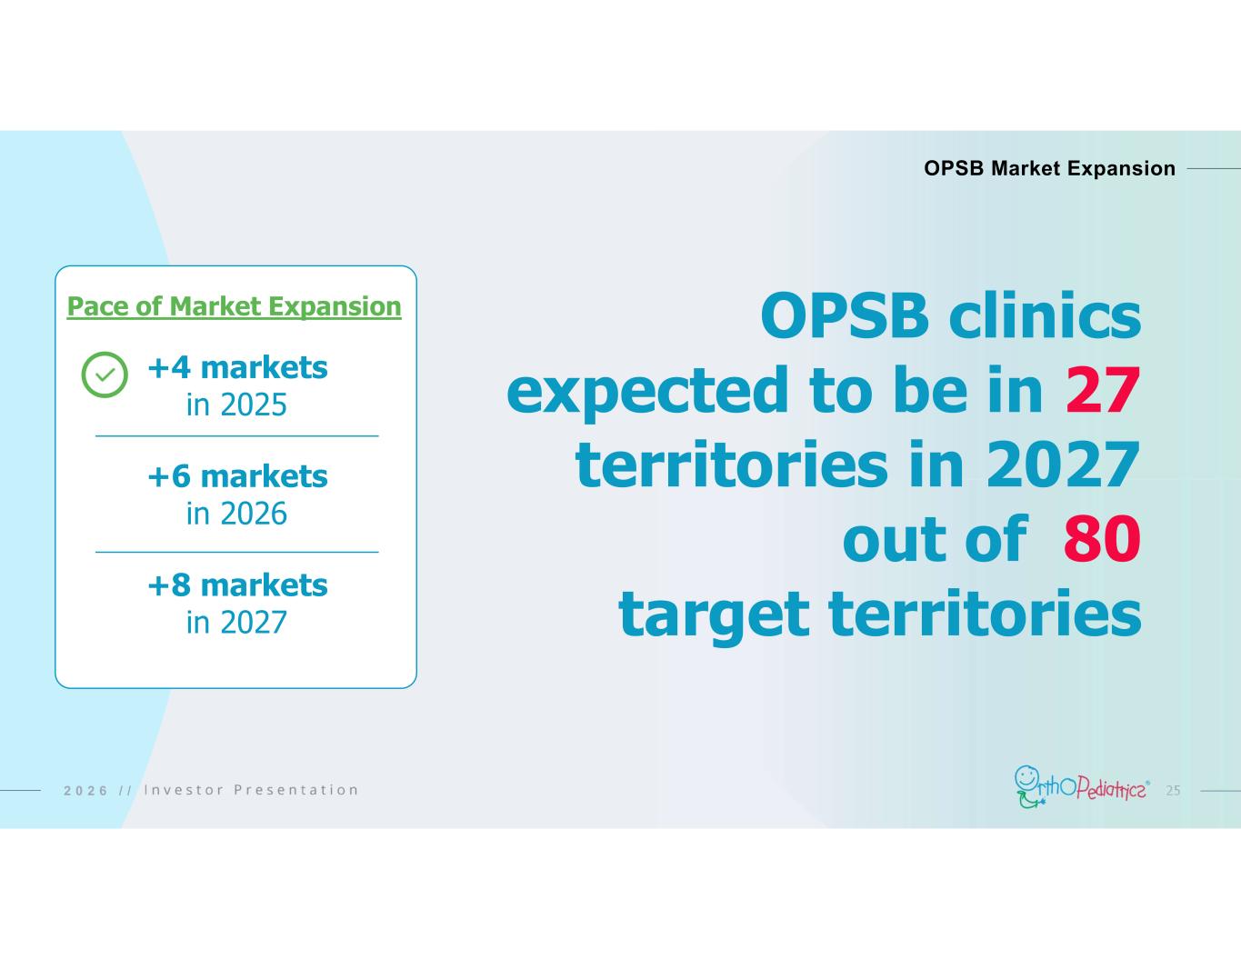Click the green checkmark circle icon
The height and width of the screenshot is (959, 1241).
[105, 375]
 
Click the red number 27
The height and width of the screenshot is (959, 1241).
[1103, 391]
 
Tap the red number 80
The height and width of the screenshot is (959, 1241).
[1102, 539]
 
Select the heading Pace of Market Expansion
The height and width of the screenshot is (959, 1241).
[235, 306]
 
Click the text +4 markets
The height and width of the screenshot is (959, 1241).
[237, 367]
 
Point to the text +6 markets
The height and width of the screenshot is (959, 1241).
[237, 476]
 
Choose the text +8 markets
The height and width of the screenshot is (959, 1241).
[237, 585]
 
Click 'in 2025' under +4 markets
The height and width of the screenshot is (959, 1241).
[236, 405]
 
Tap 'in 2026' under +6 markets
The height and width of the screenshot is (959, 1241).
[236, 514]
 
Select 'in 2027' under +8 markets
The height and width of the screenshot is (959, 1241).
[236, 622]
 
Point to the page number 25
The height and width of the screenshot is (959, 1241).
[1173, 791]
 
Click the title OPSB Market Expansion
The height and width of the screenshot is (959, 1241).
[1050, 168]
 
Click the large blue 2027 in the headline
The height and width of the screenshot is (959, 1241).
[1064, 465]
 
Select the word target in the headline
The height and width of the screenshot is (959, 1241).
[714, 615]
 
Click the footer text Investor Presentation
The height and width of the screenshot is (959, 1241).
[251, 790]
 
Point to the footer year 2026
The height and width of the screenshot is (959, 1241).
[85, 791]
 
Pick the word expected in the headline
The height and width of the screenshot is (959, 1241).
[647, 392]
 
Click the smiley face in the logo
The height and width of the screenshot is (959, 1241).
[1026, 777]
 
